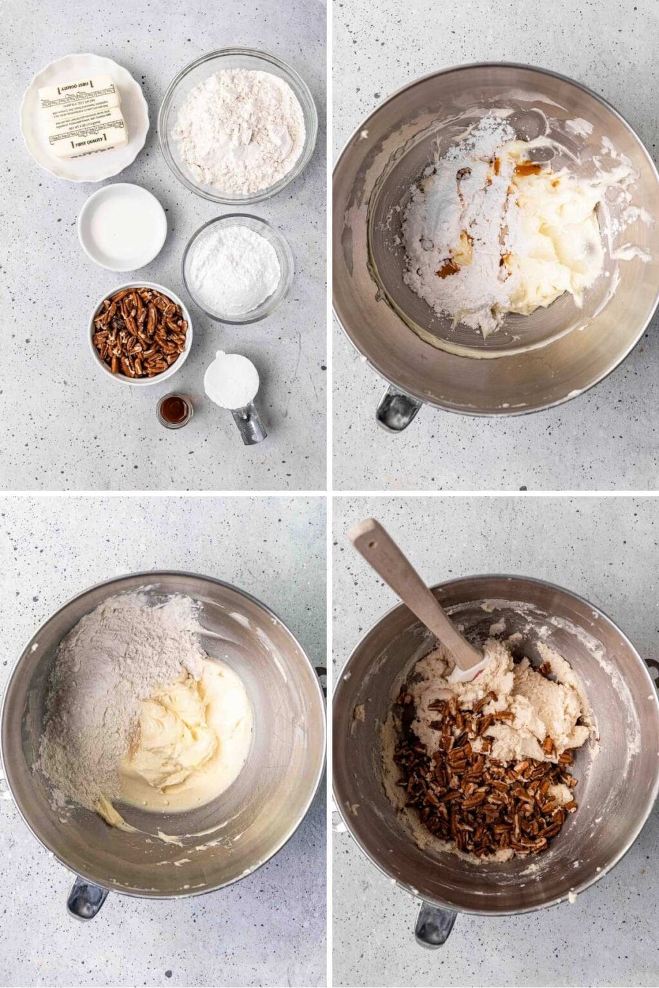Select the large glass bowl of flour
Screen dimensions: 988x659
[x=237, y=125]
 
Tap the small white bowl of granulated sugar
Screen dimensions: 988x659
[x=122, y=226]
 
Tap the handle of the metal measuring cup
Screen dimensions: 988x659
[x=250, y=424]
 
